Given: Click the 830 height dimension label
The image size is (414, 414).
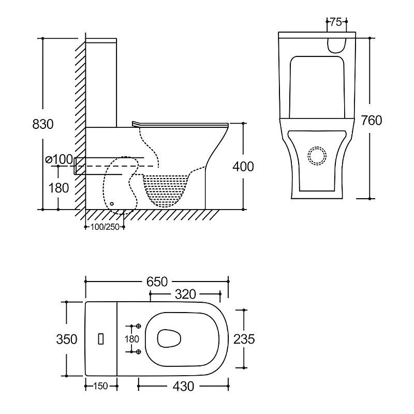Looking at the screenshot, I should (43, 125).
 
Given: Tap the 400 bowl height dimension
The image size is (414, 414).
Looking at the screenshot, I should (243, 167).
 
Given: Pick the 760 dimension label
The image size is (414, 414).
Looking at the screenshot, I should (371, 121).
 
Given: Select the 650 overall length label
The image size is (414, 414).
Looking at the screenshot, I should (157, 282).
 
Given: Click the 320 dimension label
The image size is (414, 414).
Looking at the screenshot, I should (185, 294).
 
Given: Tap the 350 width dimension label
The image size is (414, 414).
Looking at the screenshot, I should (67, 339).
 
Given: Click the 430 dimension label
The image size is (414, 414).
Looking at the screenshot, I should (184, 386).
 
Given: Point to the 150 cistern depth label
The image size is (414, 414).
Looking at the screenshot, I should (101, 386).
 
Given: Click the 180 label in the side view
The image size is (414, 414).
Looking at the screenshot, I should (58, 188).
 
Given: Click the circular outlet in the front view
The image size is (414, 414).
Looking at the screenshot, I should (317, 155).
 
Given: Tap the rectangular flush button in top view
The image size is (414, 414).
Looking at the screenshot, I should (101, 339).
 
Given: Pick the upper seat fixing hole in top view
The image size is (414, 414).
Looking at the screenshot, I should (138, 327).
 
